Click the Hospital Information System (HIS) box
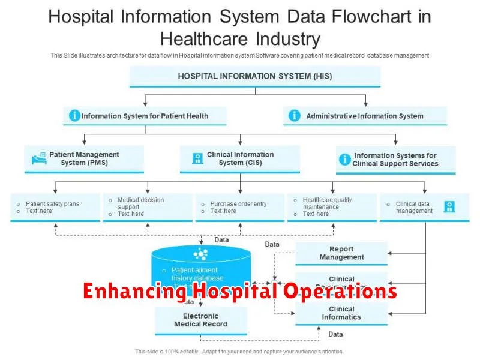254,76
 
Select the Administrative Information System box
365,116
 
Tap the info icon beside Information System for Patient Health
74,116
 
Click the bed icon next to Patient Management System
38,159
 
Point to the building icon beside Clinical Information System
197,159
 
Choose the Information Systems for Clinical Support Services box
395,160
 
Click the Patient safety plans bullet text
52,204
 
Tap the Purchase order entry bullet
238,204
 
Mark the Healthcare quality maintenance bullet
327,203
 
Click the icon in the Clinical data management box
449,206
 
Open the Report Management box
341,253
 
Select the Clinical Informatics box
341,313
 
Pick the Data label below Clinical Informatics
335,334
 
